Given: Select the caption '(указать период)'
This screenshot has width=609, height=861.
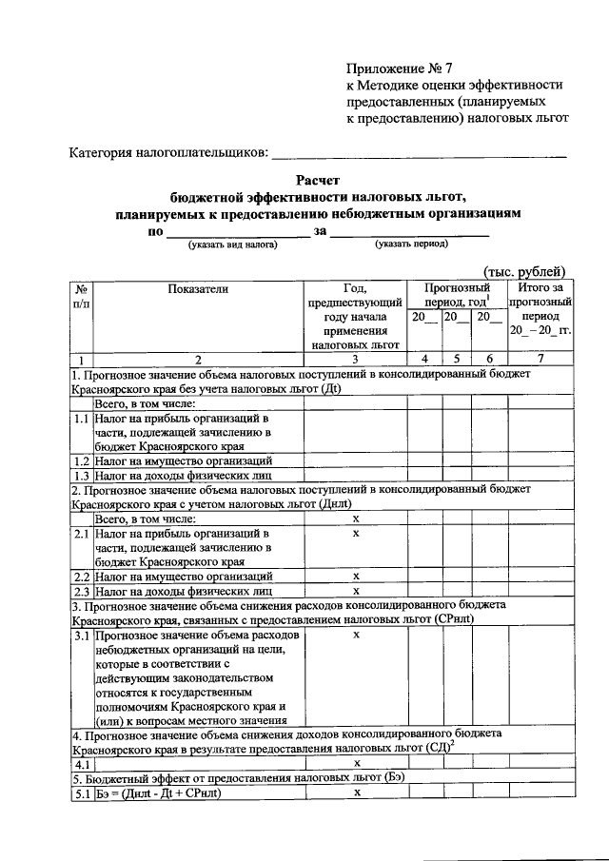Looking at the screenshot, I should point(411,245).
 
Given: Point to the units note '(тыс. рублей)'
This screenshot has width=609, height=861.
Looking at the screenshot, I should point(524,271).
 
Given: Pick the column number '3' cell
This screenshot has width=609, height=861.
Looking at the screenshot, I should point(355,359).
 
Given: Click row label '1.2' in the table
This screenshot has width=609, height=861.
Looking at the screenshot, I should point(83,460).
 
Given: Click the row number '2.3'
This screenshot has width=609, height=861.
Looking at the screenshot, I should point(83,591).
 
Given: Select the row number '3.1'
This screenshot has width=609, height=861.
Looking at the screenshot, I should point(83,634).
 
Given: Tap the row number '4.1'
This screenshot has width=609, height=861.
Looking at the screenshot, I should point(83,763).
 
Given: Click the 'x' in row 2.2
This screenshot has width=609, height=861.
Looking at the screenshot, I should point(355,576).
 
